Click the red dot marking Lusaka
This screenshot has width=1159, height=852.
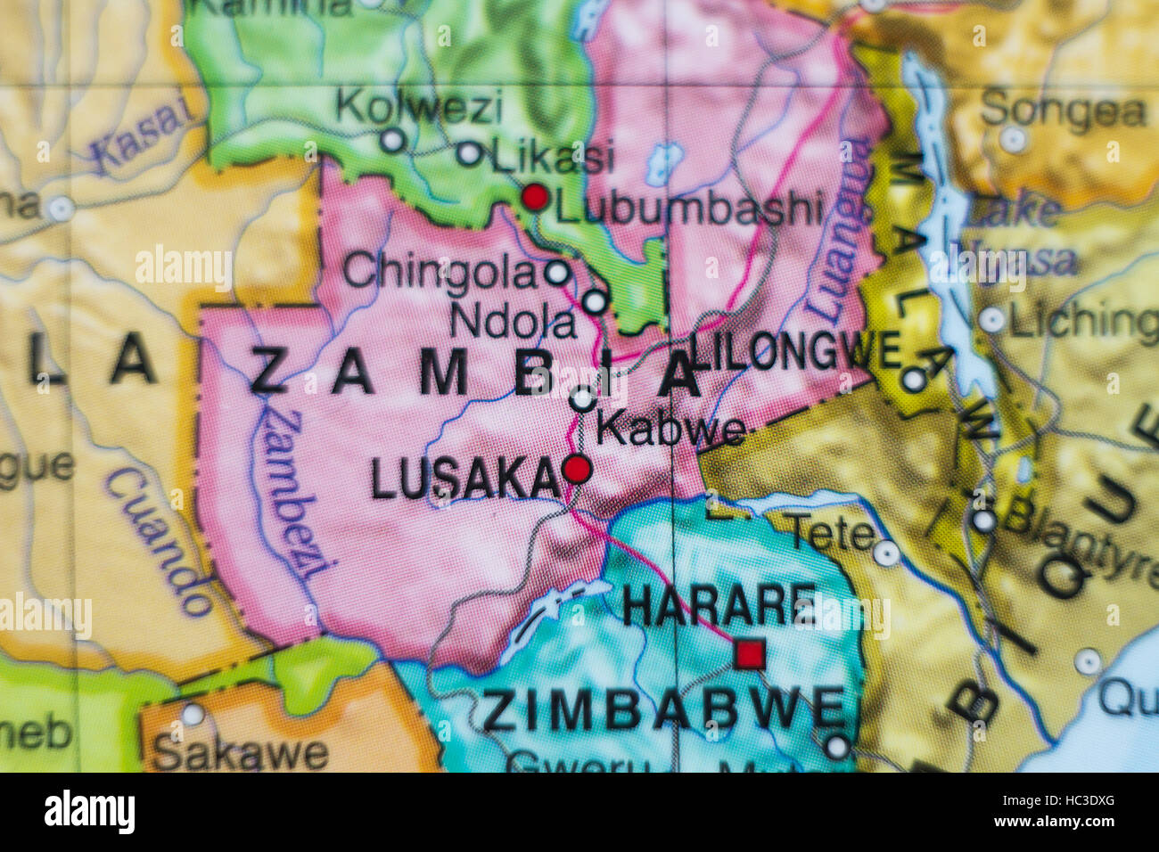point(577,469)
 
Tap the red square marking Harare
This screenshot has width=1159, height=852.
point(749,654)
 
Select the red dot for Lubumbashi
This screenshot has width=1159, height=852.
point(535,197)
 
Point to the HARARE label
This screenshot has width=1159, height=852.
point(719,606)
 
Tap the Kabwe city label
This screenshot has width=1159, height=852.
point(670,430)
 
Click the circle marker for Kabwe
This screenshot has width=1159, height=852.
point(582,399)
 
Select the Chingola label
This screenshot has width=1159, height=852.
point(440,272)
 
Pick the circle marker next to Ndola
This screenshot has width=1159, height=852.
point(596,302)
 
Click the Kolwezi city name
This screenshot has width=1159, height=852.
point(419,108)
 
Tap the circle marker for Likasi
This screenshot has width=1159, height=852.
point(469,153)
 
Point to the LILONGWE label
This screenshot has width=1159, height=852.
point(795,350)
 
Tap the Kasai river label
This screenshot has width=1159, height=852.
point(143,134)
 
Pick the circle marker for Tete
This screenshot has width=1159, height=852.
point(885,553)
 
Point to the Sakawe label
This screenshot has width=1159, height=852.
point(241,753)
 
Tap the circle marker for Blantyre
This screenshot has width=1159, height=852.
point(983,521)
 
